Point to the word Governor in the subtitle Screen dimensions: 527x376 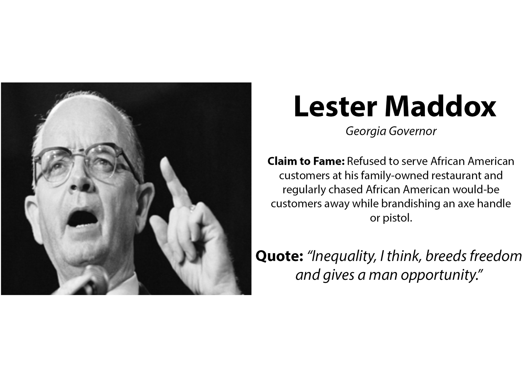tap(413, 131)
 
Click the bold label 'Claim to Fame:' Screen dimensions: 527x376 tap(306, 161)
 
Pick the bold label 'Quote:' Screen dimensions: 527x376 tap(279, 256)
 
